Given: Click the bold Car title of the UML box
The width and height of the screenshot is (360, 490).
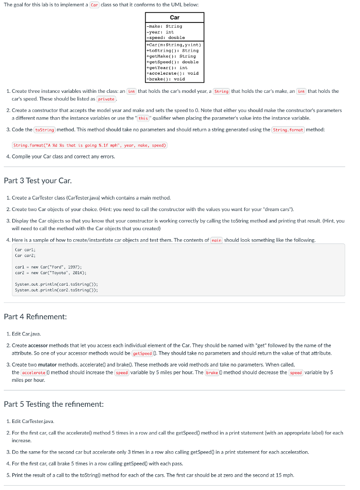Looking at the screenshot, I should (175, 17).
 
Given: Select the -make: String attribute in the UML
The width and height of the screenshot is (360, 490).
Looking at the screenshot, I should (164, 26).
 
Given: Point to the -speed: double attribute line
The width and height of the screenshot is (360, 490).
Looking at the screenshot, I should (166, 37).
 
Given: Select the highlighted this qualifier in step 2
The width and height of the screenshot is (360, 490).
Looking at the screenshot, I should (143, 118).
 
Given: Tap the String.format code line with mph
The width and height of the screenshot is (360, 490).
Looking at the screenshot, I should (90, 145).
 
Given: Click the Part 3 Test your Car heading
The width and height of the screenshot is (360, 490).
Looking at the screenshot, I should (38, 180).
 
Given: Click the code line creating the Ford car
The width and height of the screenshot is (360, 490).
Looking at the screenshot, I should (42, 267).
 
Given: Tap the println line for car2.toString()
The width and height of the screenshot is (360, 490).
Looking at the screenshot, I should (56, 290).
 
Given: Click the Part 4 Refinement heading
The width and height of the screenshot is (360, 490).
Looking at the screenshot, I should (35, 317).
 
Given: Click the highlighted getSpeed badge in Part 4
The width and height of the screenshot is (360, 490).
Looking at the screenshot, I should (142, 353).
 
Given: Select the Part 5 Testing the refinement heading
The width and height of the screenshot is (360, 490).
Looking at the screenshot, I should (54, 404).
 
